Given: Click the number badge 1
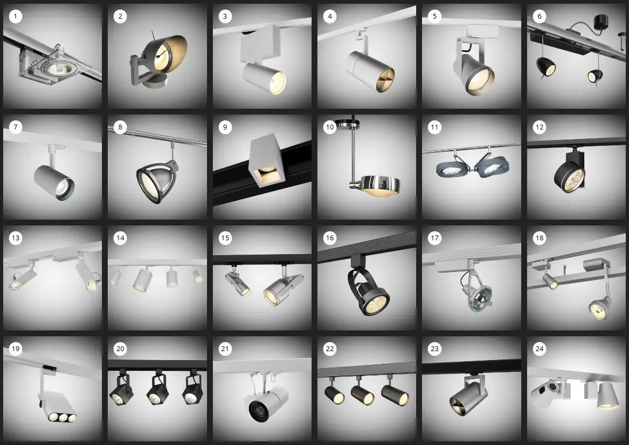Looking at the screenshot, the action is pos(15,16).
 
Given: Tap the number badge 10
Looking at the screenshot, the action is pos(330,127).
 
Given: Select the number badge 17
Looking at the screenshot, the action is pos(434,238).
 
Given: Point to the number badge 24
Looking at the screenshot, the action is pos(539,349).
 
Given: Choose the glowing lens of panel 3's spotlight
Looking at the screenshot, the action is pos(278,84).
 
